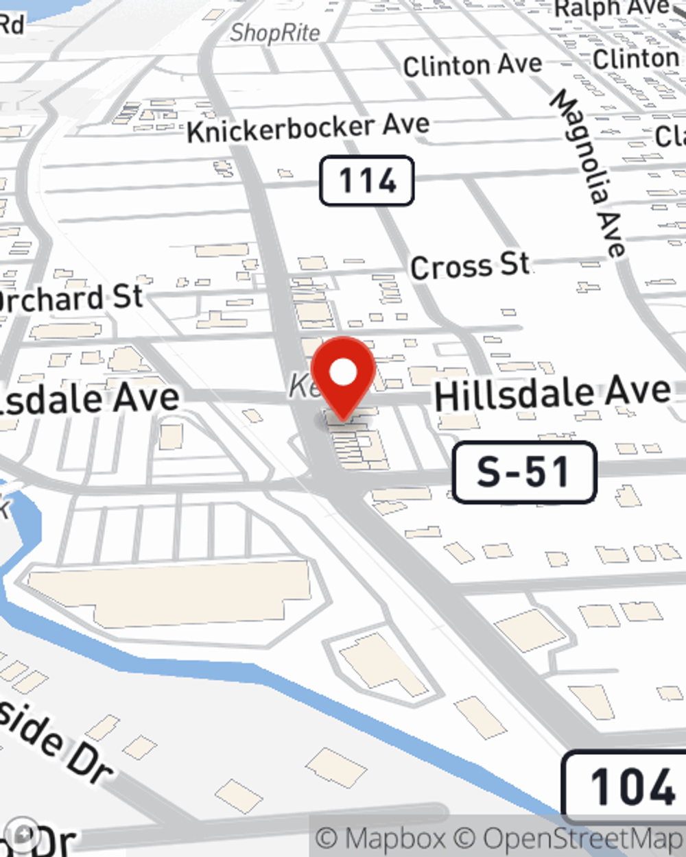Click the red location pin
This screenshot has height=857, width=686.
pos(343,377)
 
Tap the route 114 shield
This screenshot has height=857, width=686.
pos(367,181)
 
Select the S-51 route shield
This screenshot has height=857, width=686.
pos(524,472)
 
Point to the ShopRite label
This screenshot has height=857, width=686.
pos(274,32)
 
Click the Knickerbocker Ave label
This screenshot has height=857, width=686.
pos(308,128)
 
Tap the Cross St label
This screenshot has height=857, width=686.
pos(470,266)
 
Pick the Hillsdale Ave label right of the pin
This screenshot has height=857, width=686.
pos(552,393)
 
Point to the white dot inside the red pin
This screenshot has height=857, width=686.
pos(343,372)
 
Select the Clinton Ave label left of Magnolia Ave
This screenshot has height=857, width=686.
pos(472,66)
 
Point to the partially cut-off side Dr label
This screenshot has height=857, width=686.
pos(55,740)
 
